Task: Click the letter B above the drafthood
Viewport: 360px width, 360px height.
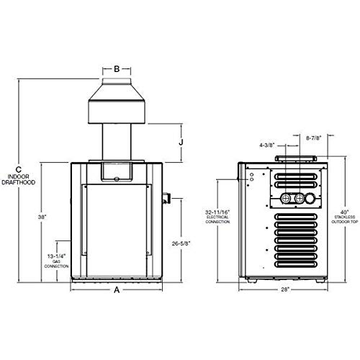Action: pyautogui.click(x=117, y=70)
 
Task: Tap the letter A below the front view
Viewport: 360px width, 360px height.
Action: pyautogui.click(x=117, y=290)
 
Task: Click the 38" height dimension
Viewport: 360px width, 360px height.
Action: pyautogui.click(x=43, y=217)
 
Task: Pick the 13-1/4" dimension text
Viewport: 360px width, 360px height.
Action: pyautogui.click(x=55, y=256)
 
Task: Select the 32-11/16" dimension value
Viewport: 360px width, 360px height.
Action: pyautogui.click(x=215, y=212)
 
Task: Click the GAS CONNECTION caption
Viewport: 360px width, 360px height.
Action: pyautogui.click(x=55, y=265)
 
